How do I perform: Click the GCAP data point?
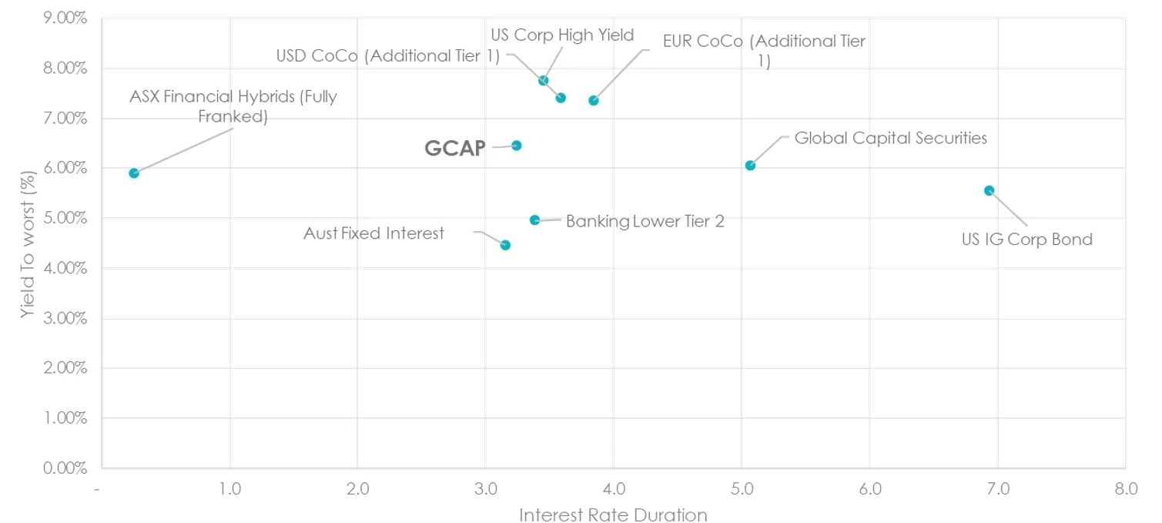tap(517, 146)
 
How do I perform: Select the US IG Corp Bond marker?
tap(990, 190)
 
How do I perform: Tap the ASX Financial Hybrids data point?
tap(134, 173)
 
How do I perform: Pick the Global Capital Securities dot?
tap(750, 166)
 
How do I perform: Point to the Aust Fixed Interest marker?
tap(505, 245)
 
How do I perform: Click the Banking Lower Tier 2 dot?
tap(535, 220)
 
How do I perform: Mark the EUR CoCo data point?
tap(594, 101)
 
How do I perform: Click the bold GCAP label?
tap(455, 149)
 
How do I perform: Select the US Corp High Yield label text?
tap(562, 35)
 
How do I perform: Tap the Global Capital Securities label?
tap(890, 138)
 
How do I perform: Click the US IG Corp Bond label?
tap(1026, 239)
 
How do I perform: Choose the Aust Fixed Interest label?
tap(373, 233)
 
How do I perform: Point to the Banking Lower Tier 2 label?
tap(645, 221)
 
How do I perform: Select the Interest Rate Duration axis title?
tap(613, 515)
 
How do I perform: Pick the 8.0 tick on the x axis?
tap(1125, 488)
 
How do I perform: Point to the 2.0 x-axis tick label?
tap(357, 488)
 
